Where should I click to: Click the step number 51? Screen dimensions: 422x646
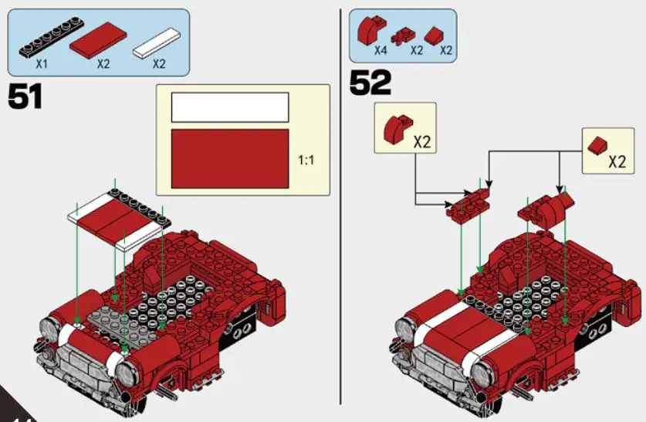pos(25,97)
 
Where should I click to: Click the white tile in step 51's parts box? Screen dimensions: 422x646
pos(160,43)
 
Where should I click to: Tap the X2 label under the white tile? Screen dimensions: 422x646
pos(159,63)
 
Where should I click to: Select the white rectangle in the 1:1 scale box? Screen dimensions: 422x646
pos(229,107)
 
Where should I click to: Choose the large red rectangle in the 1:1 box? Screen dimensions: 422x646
pos(229,158)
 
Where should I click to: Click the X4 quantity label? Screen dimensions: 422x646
pos(380,50)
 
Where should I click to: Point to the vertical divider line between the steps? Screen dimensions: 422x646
pos(340,209)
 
